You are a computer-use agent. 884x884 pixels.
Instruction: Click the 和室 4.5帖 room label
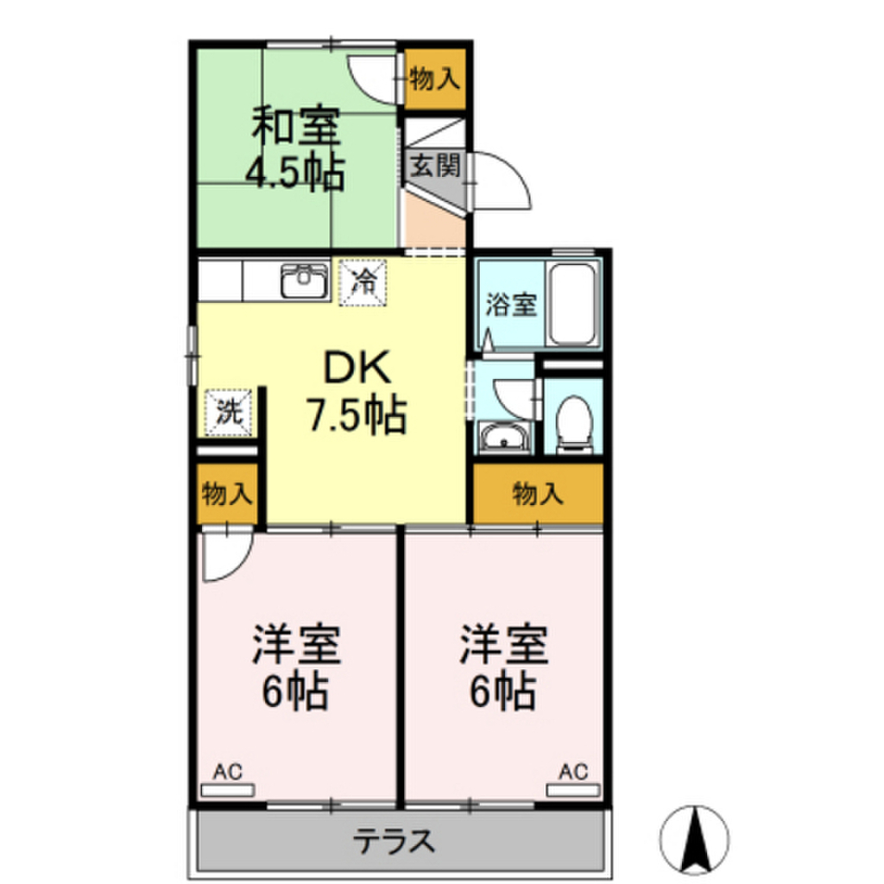coord(296,149)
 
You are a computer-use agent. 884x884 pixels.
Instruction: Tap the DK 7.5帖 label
coord(358,393)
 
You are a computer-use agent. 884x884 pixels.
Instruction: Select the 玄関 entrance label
coord(434,164)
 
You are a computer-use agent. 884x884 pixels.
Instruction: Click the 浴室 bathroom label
coord(511,304)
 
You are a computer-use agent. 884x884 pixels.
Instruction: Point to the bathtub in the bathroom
coord(573,304)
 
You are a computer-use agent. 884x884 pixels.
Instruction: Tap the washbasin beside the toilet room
coord(505,439)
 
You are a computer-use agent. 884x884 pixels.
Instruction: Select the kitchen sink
coord(304,281)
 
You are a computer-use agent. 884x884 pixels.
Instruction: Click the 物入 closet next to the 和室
coord(435,79)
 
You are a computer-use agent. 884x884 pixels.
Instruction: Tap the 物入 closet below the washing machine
coord(227,495)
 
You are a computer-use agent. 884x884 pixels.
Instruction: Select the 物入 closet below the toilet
coord(537,494)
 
